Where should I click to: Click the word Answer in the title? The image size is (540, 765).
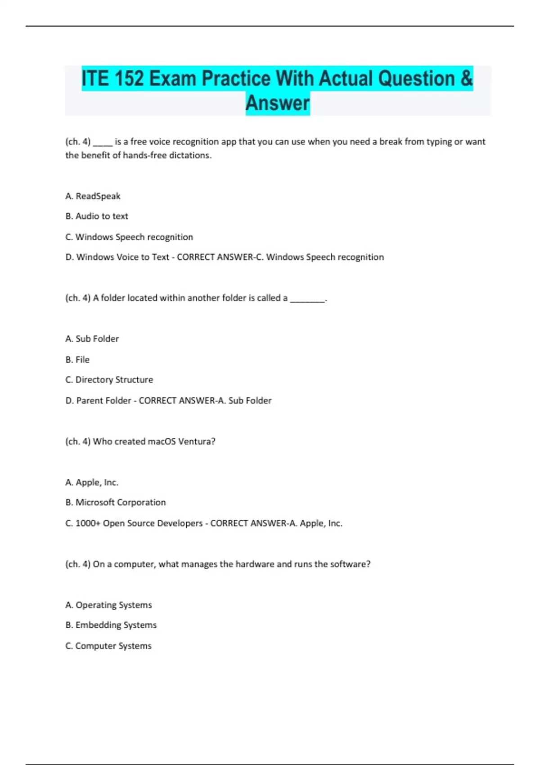click(278, 103)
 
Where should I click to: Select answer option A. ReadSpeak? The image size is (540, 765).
click(93, 196)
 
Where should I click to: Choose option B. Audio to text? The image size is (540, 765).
click(97, 216)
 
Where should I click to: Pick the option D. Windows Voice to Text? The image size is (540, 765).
click(117, 257)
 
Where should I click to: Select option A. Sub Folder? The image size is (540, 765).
click(92, 339)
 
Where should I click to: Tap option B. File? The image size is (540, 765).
click(77, 360)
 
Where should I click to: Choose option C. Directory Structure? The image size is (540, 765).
click(109, 380)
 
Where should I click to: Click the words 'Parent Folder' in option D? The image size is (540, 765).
click(103, 400)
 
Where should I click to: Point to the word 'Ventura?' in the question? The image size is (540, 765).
click(197, 441)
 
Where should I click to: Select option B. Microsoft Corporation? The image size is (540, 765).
click(116, 503)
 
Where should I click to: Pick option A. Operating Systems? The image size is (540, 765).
click(108, 605)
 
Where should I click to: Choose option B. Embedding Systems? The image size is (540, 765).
click(111, 625)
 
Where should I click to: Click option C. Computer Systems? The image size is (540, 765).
click(108, 646)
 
